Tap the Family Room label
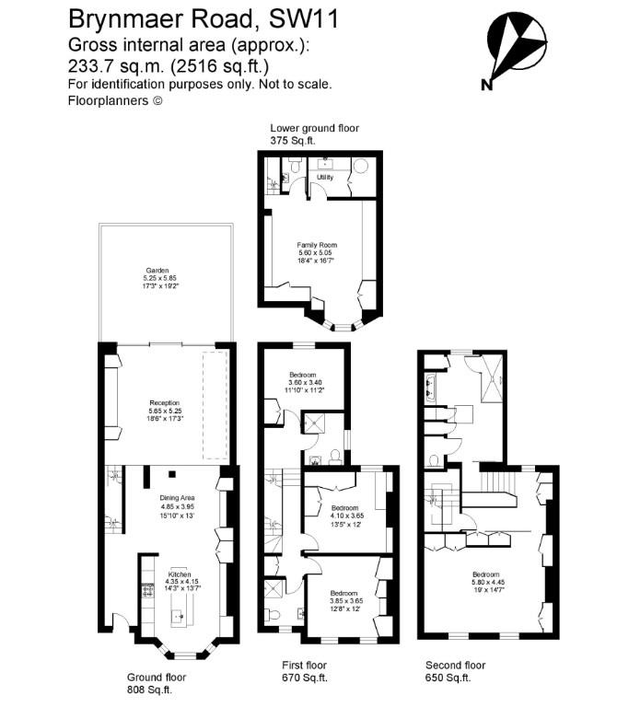click(x=318, y=245)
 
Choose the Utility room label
click(x=324, y=177)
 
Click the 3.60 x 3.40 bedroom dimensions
click(x=303, y=381)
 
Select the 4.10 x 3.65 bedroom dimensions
click(x=344, y=516)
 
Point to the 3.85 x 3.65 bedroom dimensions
click(x=343, y=601)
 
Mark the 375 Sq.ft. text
click(x=292, y=140)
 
